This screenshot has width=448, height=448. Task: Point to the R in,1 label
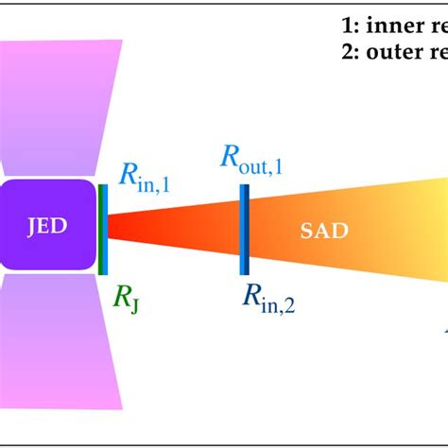coord(144,177)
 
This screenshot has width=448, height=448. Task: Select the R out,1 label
coord(254,156)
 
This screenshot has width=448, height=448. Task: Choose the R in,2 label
coord(267,301)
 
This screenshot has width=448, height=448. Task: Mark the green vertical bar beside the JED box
coord(100,229)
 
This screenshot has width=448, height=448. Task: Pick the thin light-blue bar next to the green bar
coord(106,229)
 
